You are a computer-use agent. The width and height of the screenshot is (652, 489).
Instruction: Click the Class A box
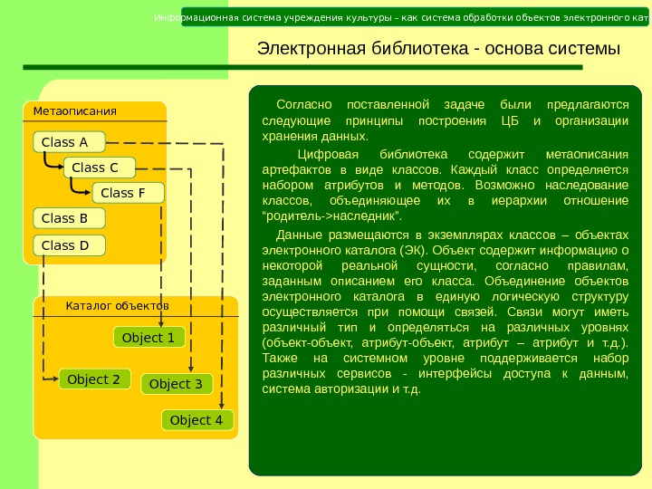pos(69,142)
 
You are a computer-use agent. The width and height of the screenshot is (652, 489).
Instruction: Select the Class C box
pos(98,168)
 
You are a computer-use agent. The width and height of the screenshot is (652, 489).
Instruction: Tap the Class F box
pos(128,193)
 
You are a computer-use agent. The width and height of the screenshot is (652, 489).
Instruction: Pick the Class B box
pos(69,218)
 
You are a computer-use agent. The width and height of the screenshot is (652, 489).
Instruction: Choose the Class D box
pos(69,245)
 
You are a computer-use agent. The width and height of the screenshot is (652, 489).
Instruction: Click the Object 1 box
pos(149,338)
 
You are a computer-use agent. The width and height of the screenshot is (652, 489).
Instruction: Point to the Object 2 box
pos(94,379)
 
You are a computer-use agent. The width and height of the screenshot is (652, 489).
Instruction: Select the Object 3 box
pos(177,384)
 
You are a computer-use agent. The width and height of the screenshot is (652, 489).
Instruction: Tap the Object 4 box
pos(197,420)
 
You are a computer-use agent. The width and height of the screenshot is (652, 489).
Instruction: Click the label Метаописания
pos(75,111)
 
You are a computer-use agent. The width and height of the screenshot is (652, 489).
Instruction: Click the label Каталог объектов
pos(118,306)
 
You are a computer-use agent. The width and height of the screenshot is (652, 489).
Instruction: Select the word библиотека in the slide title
pos(417,48)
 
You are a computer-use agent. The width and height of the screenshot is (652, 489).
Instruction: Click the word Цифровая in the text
pos(316,153)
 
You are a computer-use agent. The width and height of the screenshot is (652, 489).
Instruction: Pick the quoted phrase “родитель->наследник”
pos(331,218)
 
